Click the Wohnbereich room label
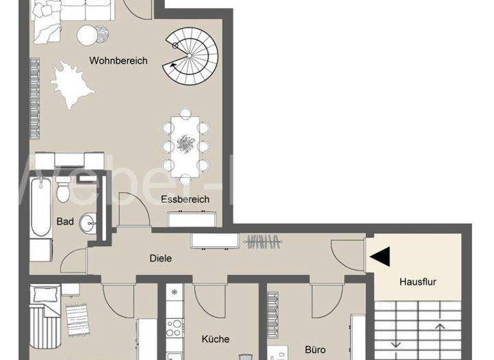(x=118, y=61)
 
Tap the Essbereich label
(x=185, y=199)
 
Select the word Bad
(x=65, y=222)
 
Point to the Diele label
(x=161, y=258)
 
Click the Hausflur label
(x=417, y=282)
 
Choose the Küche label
(x=215, y=339)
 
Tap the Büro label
(x=315, y=350)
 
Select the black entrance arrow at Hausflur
(x=380, y=257)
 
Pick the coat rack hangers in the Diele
(x=264, y=242)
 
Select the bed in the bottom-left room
(x=46, y=315)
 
